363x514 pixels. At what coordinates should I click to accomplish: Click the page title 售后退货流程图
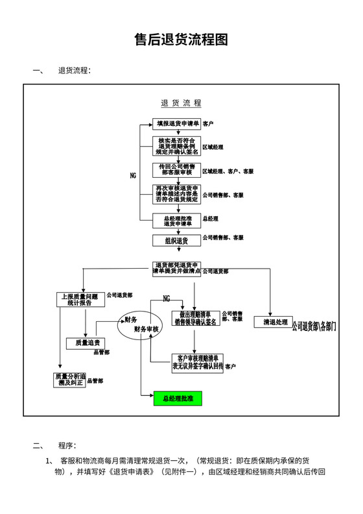(181, 40)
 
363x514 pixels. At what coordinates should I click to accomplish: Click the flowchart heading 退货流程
(181, 103)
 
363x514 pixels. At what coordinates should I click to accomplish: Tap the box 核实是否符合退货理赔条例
(177, 146)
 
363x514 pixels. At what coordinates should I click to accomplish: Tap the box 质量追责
(87, 343)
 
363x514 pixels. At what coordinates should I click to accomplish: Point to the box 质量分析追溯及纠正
(69, 380)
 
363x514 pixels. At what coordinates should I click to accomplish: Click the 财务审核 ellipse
(137, 324)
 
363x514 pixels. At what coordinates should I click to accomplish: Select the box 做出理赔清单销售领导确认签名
(195, 318)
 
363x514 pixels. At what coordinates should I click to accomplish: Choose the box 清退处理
(270, 322)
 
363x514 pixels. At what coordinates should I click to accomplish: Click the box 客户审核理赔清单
(197, 362)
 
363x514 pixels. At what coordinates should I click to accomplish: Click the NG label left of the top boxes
(134, 176)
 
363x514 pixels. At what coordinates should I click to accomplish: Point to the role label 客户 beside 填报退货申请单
(208, 123)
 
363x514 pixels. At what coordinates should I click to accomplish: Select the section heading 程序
(67, 445)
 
